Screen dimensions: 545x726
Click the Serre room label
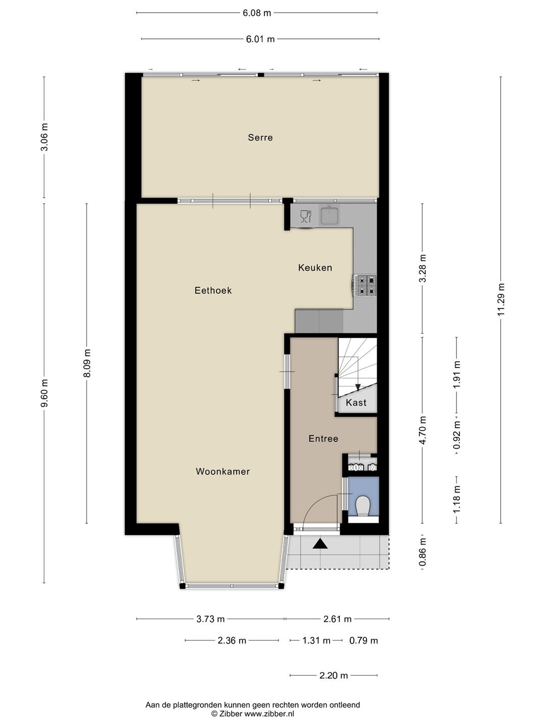tap(260, 138)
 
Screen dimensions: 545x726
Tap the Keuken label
tap(315, 268)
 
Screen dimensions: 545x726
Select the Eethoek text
tap(213, 290)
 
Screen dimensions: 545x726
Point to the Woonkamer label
tap(223, 471)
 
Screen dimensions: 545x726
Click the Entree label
tap(323, 439)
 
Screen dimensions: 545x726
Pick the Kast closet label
tap(356, 402)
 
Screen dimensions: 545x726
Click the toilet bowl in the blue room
tap(363, 506)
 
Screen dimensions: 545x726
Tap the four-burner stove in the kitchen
tap(365, 285)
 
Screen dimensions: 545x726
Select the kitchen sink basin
tap(329, 215)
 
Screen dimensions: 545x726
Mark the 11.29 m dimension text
tap(501, 299)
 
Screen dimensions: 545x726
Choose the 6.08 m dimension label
tap(257, 13)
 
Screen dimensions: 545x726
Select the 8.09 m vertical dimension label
tap(87, 363)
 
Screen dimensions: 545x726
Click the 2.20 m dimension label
tap(334, 676)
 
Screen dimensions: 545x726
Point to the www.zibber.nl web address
tap(269, 714)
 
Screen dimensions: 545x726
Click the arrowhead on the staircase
tap(357, 387)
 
